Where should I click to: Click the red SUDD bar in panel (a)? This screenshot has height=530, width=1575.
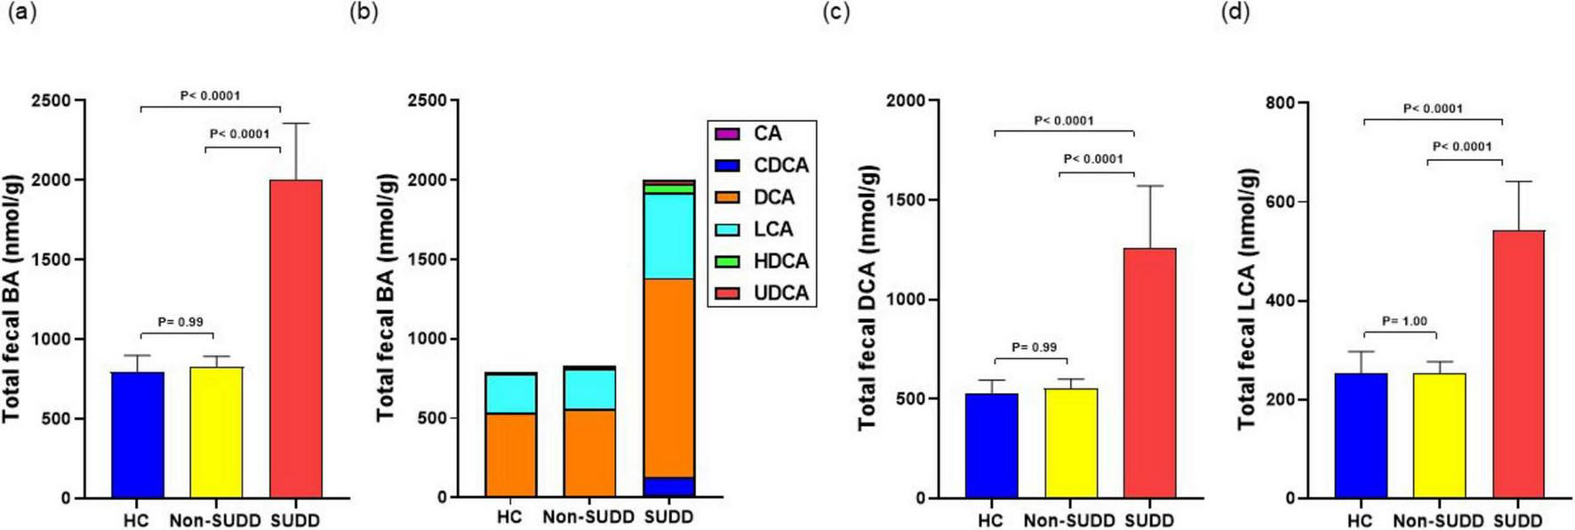[295, 338]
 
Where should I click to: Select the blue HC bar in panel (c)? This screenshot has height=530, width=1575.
[992, 445]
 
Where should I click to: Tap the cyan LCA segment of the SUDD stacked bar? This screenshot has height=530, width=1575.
[668, 236]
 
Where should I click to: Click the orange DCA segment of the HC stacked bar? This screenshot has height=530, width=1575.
[510, 454]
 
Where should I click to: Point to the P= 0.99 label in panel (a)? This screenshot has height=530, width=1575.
[180, 322]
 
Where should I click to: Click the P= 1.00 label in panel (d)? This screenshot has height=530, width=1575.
[1404, 321]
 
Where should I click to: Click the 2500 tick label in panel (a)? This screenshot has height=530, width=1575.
[52, 100]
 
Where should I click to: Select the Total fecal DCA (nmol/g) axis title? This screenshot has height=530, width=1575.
[867, 298]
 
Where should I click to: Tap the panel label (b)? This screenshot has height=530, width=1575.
[364, 12]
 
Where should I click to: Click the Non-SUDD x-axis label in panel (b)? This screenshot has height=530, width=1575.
[588, 517]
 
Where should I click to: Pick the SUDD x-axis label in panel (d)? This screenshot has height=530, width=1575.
[1517, 520]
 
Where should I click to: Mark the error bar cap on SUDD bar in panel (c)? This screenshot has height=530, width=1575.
[1149, 186]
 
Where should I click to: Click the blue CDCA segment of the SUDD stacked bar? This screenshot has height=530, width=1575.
[668, 486]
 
